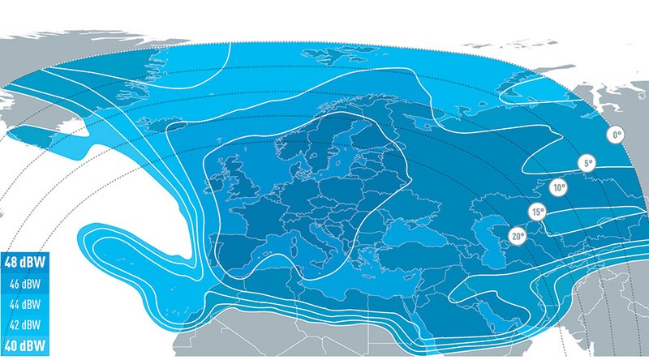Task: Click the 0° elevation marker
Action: pyautogui.click(x=617, y=134)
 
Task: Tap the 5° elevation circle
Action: pyautogui.click(x=587, y=164)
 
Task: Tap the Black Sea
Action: pyautogui.click(x=414, y=231)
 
